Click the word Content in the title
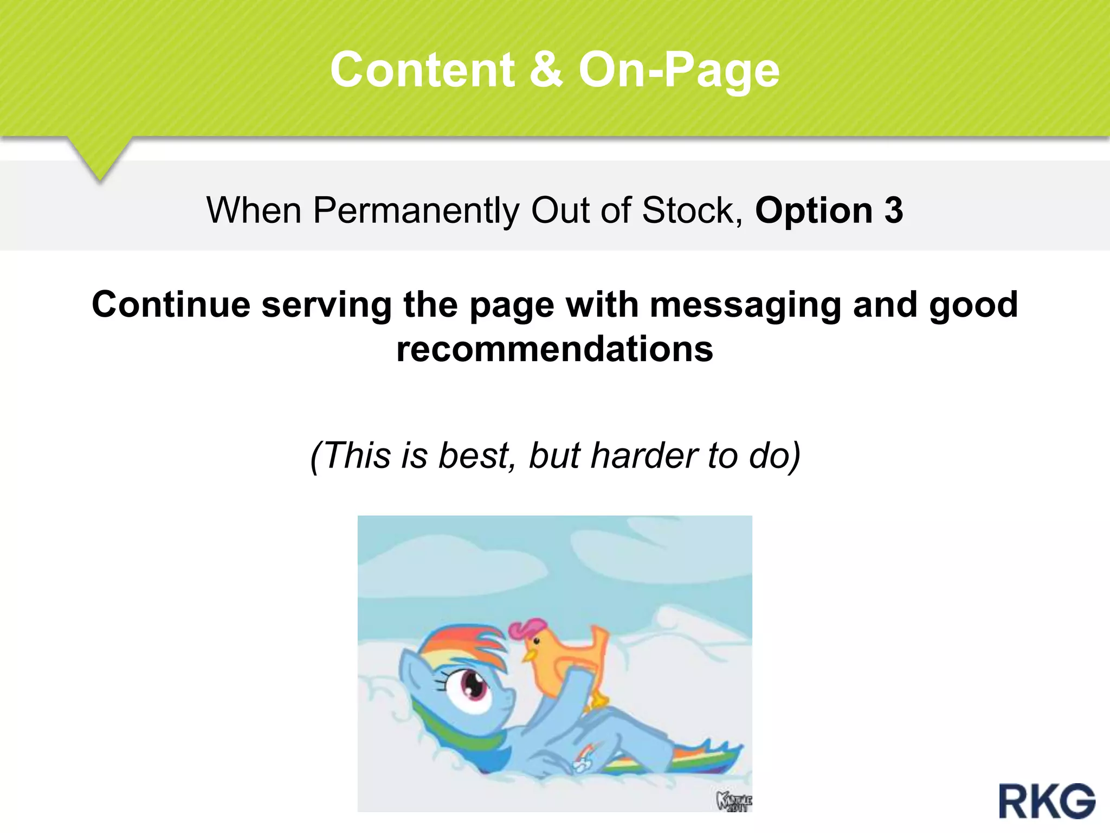[x=422, y=70]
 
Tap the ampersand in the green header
[x=546, y=70]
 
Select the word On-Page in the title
[x=679, y=71]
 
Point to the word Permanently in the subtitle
[x=416, y=211]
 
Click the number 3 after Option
[x=894, y=210]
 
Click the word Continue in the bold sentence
[x=171, y=304]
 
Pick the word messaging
[x=746, y=305]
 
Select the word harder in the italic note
[x=643, y=455]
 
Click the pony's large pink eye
[x=474, y=686]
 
